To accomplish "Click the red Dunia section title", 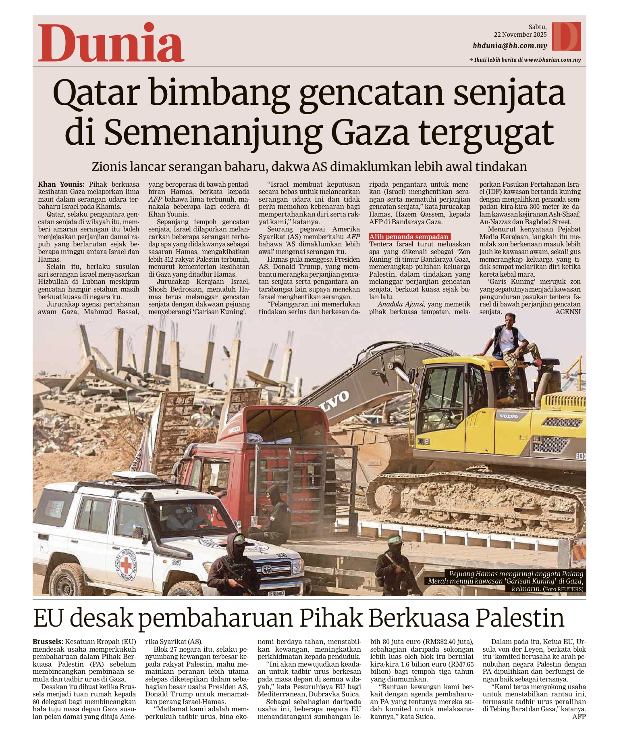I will (x=111, y=43).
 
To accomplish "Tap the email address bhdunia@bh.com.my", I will (x=510, y=46).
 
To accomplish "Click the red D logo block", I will (x=566, y=37).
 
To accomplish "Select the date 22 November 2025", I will (x=520, y=35).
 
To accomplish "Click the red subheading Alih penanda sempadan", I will (x=409, y=237).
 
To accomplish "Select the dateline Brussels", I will (x=48, y=642).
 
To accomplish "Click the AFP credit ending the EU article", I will (x=579, y=717).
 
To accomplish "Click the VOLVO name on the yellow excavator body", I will (x=509, y=416).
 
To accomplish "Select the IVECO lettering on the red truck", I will (x=234, y=430).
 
